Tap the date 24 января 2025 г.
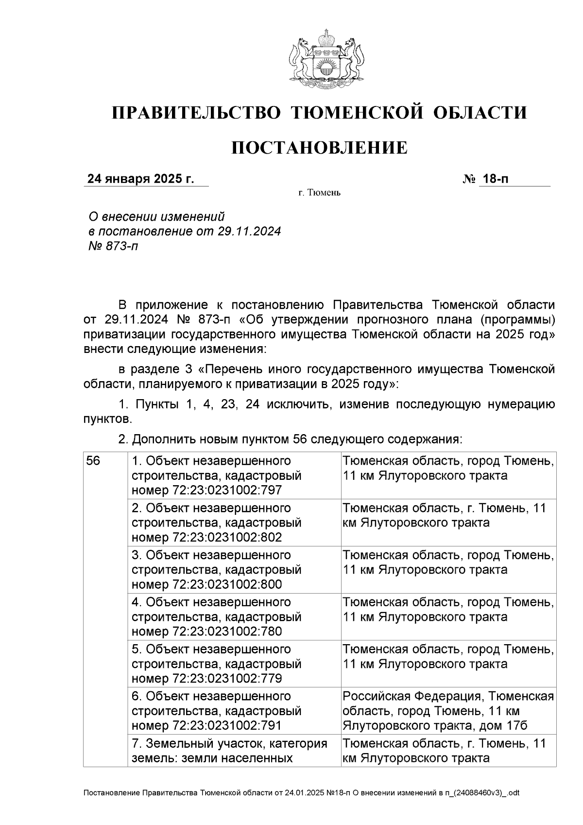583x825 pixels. pyautogui.click(x=140, y=179)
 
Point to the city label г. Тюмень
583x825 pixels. pyautogui.click(x=319, y=193)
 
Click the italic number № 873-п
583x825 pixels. pyautogui.click(x=112, y=246)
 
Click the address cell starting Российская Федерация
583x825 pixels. pyautogui.click(x=447, y=711)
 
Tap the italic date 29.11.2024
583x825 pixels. pyautogui.click(x=249, y=231)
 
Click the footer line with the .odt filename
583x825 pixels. pyautogui.click(x=301, y=793)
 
